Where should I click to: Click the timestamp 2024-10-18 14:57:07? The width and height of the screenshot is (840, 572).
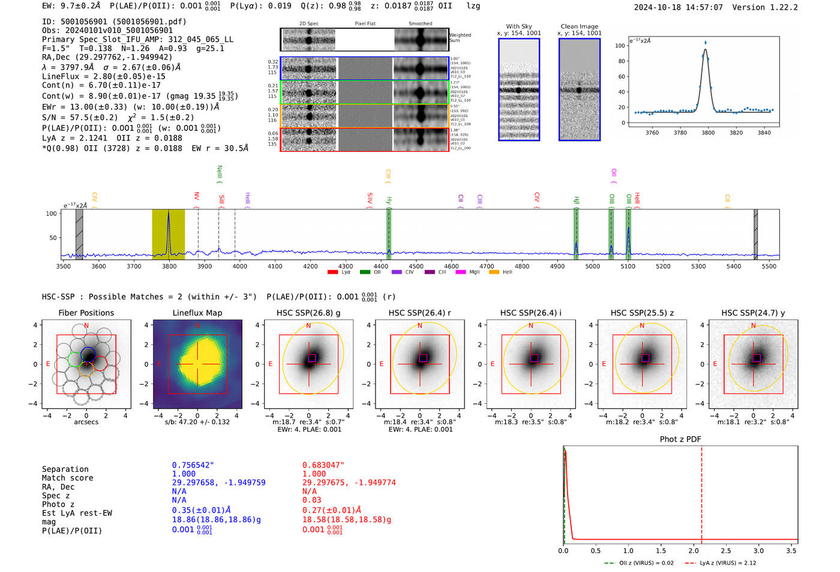[x=678, y=8]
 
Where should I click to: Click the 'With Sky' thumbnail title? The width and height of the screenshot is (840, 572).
[x=519, y=26]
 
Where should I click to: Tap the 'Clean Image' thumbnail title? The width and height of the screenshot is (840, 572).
[x=579, y=26]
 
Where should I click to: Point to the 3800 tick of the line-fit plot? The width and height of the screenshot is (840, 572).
[x=708, y=133]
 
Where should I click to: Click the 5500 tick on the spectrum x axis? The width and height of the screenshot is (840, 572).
[x=769, y=266]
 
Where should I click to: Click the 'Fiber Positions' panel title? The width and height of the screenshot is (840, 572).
[x=86, y=313]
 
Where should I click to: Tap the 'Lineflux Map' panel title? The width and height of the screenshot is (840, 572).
[x=197, y=313]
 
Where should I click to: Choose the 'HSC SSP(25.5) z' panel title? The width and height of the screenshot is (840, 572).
[x=642, y=313]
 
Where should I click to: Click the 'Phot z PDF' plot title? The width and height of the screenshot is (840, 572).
[x=680, y=439]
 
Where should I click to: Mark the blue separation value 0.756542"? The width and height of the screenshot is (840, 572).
[x=193, y=465]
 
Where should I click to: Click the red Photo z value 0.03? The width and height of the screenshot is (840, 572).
[x=311, y=500]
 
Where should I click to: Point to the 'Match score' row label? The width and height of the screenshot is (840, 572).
[x=67, y=478]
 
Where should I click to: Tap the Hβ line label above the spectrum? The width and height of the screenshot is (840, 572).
[x=576, y=200]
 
